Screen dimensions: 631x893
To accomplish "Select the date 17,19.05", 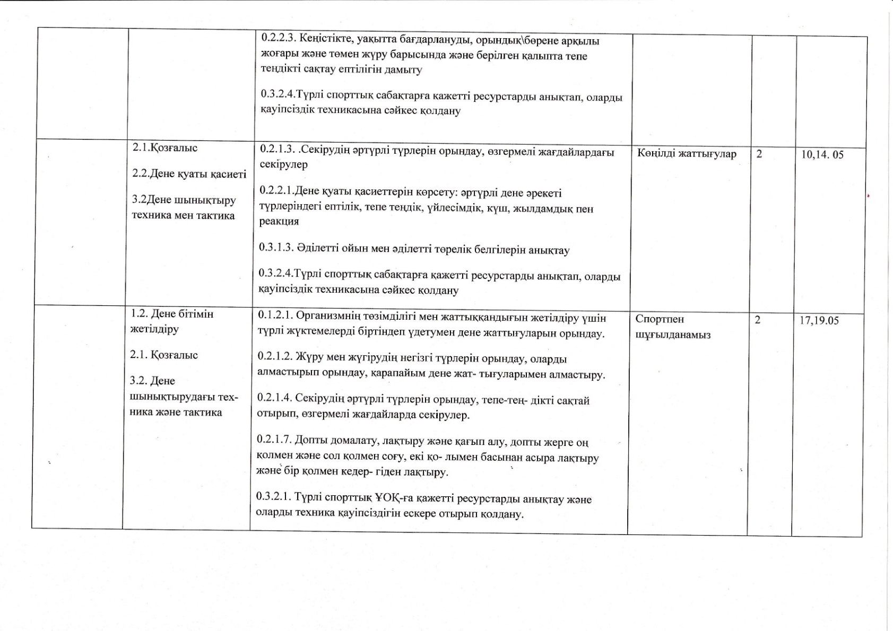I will tap(819, 321).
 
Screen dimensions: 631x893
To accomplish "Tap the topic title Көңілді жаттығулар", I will tap(687, 154).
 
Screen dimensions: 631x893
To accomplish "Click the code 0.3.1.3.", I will tap(275, 248).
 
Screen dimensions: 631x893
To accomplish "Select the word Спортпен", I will tap(660, 319).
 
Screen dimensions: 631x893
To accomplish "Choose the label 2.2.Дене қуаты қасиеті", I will tap(189, 174).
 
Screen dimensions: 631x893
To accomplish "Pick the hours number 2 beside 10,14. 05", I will tap(759, 154).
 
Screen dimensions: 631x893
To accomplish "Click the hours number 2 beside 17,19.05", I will tap(757, 320).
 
